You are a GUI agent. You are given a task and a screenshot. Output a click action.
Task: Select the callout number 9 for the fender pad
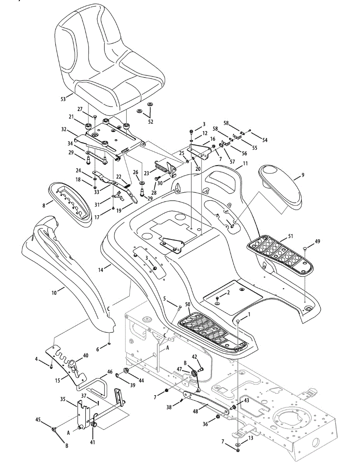pos(303,175)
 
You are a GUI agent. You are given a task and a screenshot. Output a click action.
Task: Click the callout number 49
pos(318,241)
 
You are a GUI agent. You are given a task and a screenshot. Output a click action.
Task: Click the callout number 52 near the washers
pos(151,122)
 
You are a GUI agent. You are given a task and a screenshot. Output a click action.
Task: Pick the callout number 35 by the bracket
pos(63,399)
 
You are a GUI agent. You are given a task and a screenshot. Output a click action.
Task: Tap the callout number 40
pos(85,355)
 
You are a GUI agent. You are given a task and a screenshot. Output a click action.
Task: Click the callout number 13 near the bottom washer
pos(250,438)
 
